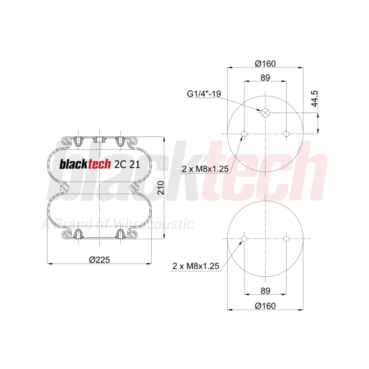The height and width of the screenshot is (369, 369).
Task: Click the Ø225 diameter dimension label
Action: (x=99, y=260)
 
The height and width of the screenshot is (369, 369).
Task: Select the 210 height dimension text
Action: (x=161, y=187)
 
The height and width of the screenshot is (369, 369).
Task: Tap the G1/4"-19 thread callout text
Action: (x=204, y=94)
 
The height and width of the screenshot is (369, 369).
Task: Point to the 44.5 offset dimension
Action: (x=315, y=99)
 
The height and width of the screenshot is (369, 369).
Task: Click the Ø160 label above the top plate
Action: (x=265, y=63)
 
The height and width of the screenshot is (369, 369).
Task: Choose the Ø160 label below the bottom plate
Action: (x=265, y=306)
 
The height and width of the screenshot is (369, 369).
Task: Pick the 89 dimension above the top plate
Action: (x=265, y=77)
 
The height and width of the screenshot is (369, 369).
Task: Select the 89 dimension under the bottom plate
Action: (x=265, y=291)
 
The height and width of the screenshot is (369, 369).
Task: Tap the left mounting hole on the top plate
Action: (x=244, y=134)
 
